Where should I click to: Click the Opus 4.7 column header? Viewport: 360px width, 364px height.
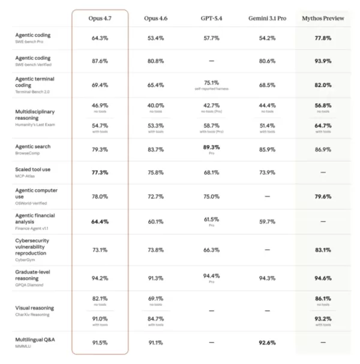tap(100, 19)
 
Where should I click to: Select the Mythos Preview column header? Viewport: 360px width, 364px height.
tap(323, 19)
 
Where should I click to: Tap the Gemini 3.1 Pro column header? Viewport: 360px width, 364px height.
tap(267, 19)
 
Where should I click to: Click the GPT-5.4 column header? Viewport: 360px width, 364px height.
tap(211, 19)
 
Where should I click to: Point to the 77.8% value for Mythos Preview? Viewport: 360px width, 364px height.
tap(323, 38)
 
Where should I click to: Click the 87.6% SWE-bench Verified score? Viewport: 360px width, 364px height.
tap(100, 61)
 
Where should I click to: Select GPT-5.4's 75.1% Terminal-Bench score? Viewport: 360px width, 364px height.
tap(211, 83)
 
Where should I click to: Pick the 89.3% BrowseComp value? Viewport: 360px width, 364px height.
tap(211, 147)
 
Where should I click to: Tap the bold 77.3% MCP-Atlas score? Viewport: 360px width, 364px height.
tap(100, 173)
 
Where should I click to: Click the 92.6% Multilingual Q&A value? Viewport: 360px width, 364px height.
tap(267, 342)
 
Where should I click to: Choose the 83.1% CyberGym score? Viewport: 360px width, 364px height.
tap(323, 250)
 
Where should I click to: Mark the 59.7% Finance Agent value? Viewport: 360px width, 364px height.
tap(267, 222)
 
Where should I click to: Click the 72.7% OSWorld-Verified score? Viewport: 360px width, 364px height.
tap(155, 197)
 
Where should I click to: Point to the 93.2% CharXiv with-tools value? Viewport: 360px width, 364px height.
tap(323, 319)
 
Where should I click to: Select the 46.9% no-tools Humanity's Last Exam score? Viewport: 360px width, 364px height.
tap(100, 106)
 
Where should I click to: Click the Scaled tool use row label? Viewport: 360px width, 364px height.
tap(33, 170)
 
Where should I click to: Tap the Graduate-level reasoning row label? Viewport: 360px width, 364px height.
tap(32, 275)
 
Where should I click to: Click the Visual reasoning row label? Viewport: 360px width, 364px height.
tap(35, 308)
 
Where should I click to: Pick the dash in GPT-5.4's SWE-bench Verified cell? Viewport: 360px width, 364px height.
tap(211, 61)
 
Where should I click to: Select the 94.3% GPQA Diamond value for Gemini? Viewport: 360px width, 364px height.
tap(267, 278)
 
